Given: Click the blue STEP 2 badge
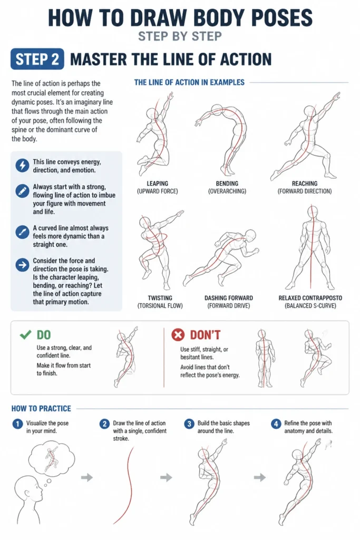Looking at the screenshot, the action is [x=37, y=59].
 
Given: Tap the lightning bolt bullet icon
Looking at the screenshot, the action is [x=22, y=166].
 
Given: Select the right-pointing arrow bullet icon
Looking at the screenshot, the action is [x=22, y=265].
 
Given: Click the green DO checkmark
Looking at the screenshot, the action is [x=26, y=334].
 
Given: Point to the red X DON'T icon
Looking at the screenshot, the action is [x=178, y=334].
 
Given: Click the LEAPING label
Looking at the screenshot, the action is [x=157, y=184].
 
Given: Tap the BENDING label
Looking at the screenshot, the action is [x=227, y=184].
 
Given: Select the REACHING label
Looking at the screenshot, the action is [x=305, y=184].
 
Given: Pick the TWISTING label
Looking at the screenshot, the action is [x=160, y=298].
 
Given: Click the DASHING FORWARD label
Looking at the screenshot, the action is [x=229, y=298].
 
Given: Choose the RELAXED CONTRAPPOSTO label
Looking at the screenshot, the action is [x=310, y=298].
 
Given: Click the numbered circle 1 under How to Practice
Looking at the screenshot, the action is [x=17, y=424].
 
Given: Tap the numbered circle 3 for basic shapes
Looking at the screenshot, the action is [x=189, y=424].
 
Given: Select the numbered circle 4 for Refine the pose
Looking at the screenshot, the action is [x=276, y=424].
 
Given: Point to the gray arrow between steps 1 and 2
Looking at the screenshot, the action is [x=87, y=477].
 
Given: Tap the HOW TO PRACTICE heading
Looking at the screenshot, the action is [x=41, y=409].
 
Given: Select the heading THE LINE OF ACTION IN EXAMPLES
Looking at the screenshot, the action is [x=189, y=82].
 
